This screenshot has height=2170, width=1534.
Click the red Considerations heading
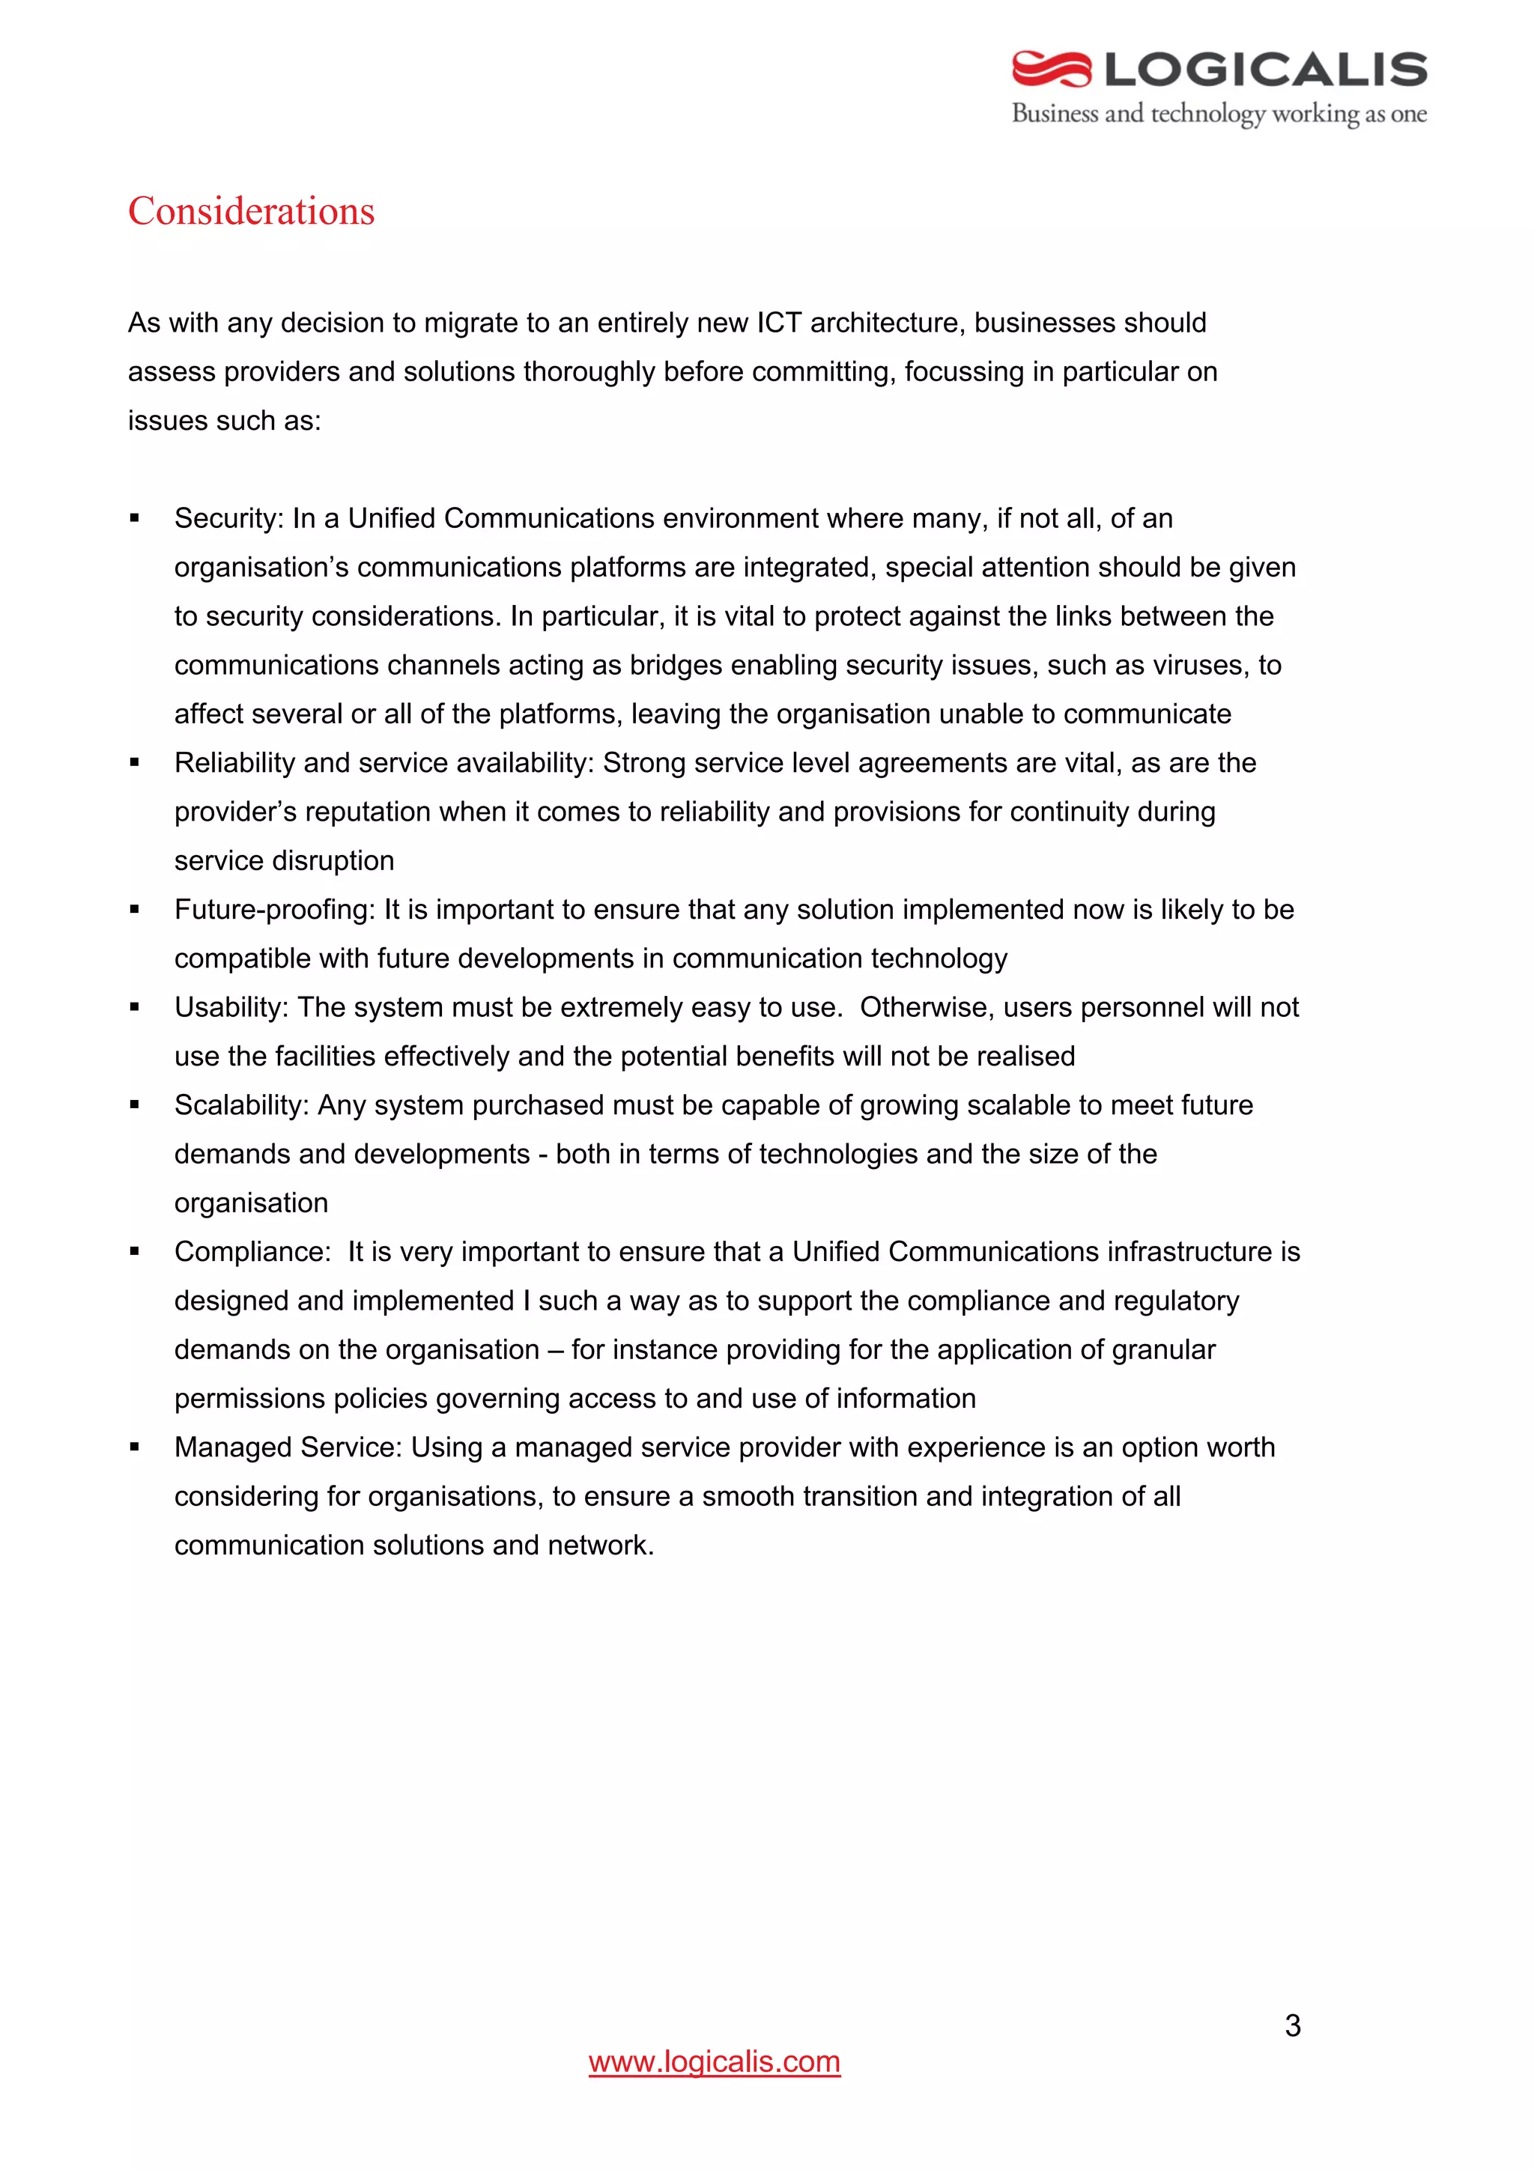pyautogui.click(x=252, y=210)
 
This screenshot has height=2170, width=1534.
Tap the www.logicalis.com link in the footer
pyautogui.click(x=714, y=2061)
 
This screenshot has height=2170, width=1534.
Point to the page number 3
pyautogui.click(x=1292, y=2025)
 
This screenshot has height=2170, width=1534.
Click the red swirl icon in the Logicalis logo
pyautogui.click(x=1051, y=69)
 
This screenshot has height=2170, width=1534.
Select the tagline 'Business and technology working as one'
pyautogui.click(x=1219, y=115)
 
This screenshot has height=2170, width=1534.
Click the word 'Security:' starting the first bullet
pyautogui.click(x=228, y=518)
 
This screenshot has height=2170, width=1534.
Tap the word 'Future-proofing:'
pyautogui.click(x=275, y=909)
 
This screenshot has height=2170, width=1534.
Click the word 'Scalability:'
pyautogui.click(x=242, y=1105)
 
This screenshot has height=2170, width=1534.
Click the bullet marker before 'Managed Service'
pyautogui.click(x=135, y=1447)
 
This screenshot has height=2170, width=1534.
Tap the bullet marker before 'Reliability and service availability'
pyautogui.click(x=135, y=763)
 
